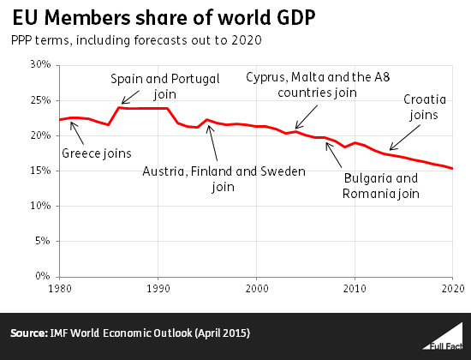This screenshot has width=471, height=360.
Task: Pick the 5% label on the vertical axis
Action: coord(44,242)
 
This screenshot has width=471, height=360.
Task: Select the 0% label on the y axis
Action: coord(44,277)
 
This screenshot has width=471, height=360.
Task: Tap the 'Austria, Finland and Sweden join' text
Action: coord(224,178)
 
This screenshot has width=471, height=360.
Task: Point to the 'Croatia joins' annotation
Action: coord(421,106)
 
